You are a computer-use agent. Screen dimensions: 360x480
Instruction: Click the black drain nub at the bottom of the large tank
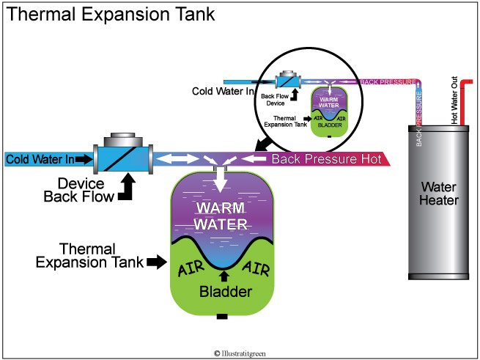[221, 317]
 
